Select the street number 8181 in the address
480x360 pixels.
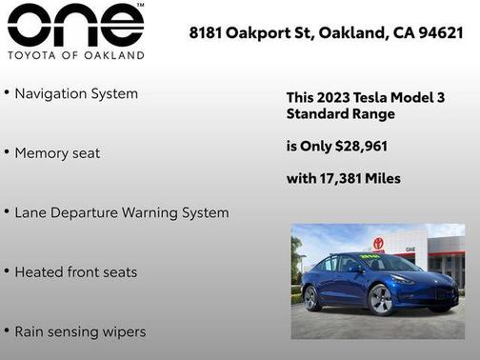click(206, 32)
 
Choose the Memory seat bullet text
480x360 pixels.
click(57, 152)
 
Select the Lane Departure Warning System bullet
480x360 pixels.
click(122, 212)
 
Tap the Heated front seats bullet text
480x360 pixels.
click(76, 272)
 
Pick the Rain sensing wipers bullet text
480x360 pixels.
click(80, 331)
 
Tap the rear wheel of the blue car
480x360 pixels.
click(311, 298)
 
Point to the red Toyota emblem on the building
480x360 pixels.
click(378, 244)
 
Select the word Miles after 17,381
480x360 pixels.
click(384, 178)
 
